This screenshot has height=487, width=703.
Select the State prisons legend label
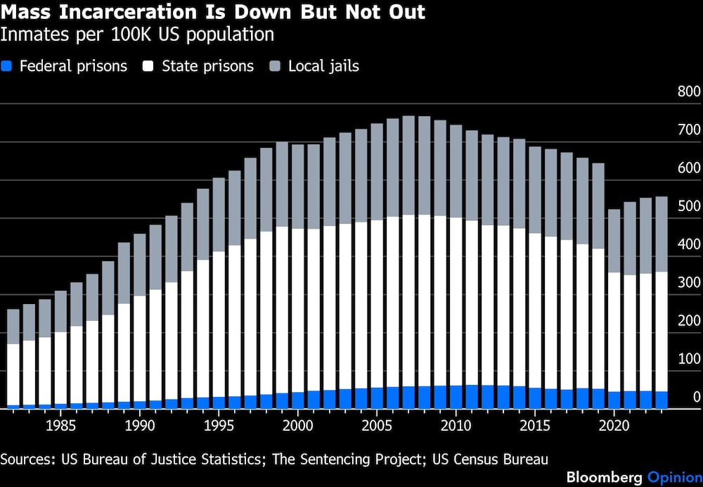[207, 67]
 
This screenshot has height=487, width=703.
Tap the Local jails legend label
[323, 67]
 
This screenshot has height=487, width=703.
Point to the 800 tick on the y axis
[688, 92]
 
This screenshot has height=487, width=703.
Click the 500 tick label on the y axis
[688, 206]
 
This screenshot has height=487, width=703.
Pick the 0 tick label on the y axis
[696, 397]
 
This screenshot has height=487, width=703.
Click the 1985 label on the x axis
[61, 426]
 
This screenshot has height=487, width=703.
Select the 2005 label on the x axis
[378, 426]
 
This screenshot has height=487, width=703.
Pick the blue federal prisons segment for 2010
[456, 396]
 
